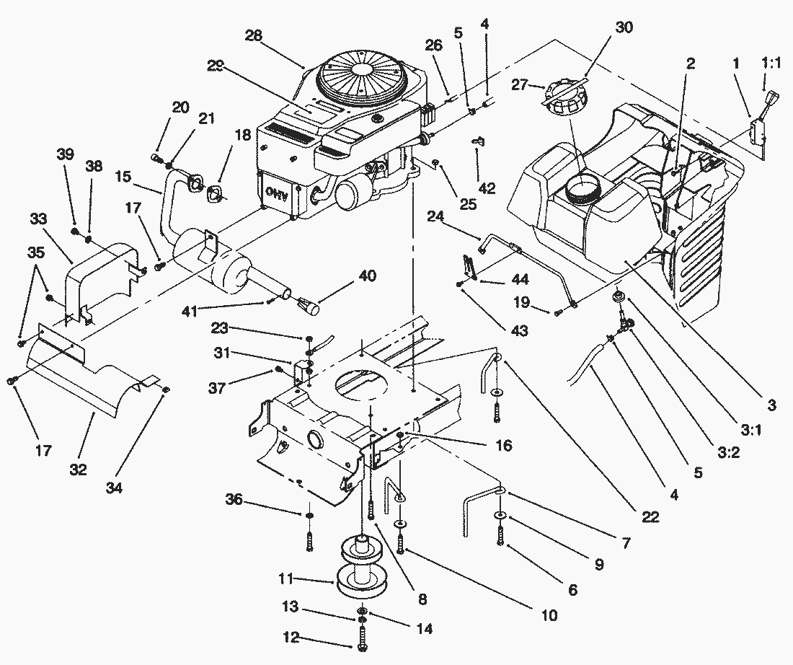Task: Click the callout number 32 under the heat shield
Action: point(79,470)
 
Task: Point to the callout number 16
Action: point(504,446)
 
